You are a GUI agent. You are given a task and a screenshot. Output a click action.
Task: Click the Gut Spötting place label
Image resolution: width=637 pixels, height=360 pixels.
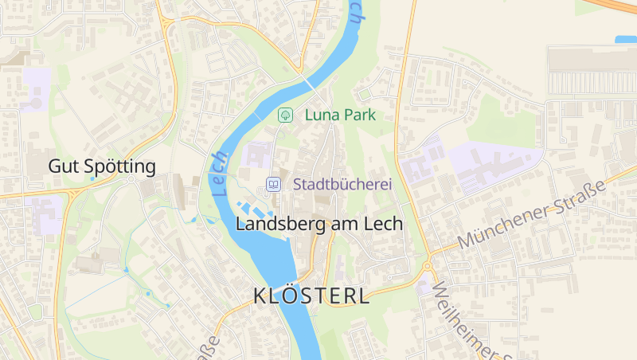coord(101,166)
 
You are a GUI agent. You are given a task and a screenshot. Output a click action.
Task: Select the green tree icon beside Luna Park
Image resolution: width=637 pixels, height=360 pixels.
coord(284,115)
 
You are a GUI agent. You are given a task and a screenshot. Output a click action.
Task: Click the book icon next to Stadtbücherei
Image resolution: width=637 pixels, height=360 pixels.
coord(273,184)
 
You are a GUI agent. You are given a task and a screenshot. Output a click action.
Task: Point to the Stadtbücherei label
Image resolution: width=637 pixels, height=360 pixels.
coord(343,184)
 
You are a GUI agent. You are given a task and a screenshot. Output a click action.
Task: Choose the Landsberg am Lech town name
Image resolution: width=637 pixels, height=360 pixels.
coord(319,225)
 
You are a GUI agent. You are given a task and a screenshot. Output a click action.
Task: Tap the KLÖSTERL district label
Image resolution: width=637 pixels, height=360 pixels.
coord(311,296)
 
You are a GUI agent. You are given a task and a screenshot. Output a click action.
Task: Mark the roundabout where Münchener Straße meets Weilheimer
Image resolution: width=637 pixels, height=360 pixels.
coord(428,266)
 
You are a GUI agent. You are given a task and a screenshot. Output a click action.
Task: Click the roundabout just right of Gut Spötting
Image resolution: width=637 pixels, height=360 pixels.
coord(130,178)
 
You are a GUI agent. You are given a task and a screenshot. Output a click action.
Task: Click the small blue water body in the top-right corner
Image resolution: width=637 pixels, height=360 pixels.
coord(625,39)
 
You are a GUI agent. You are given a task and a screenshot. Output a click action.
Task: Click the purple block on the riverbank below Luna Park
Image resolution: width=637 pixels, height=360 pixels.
coord(259,154)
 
